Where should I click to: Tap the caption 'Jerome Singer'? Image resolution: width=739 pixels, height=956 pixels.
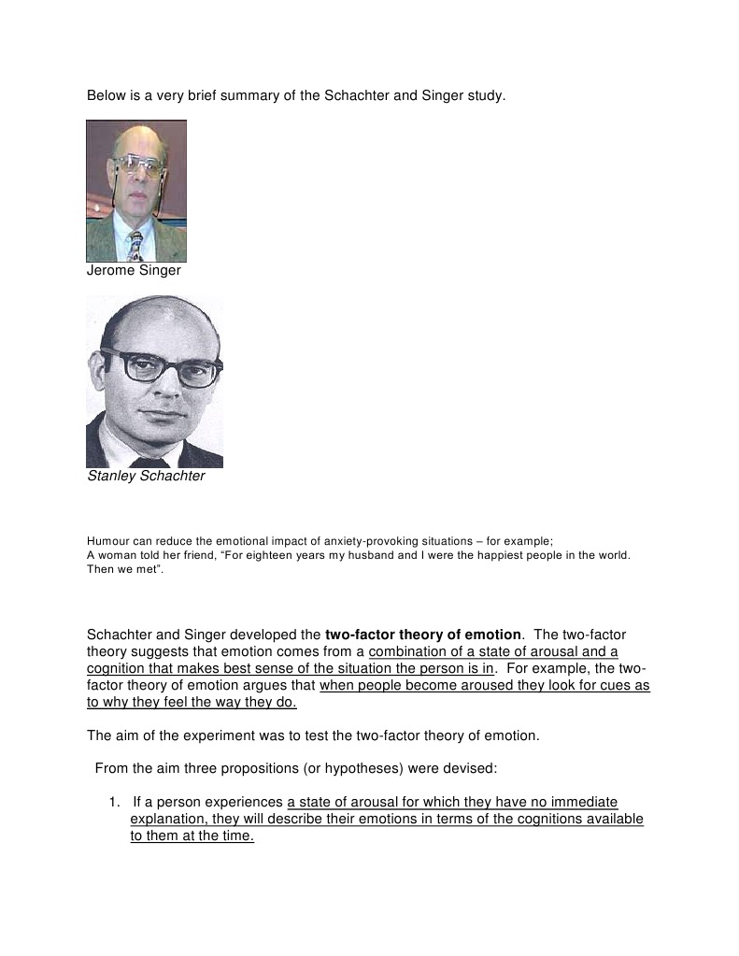pyautogui.click(x=134, y=271)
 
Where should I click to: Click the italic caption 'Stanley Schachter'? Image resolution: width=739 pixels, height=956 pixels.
pyautogui.click(x=146, y=477)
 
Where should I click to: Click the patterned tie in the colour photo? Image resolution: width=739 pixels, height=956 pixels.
pyautogui.click(x=136, y=245)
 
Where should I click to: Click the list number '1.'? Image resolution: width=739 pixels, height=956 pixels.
pyautogui.click(x=115, y=803)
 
